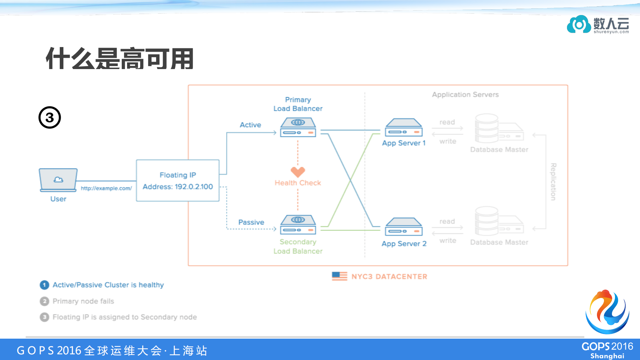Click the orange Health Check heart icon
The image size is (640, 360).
pos(297,172)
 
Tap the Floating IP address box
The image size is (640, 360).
pos(177,181)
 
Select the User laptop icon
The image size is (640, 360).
pos(58,180)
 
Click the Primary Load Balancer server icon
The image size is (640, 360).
pos(298,127)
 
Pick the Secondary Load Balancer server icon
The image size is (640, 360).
pos(298,225)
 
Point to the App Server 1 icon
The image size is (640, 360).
pos(404,128)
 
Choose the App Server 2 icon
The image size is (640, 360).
pos(404,227)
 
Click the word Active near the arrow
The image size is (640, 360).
pos(250,125)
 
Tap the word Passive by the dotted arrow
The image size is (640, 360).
pos(251,222)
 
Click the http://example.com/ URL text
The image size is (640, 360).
pos(106,188)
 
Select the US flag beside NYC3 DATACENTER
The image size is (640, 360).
pos(339,276)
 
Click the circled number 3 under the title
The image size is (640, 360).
pos(50,117)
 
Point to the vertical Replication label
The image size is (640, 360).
pos(553,182)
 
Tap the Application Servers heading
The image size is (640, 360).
pos(465,95)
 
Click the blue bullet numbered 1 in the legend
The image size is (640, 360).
pos(44,285)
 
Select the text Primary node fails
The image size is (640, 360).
pos(83,301)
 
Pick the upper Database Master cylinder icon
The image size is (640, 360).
pos(487,128)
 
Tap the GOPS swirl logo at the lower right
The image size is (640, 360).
pos(607,312)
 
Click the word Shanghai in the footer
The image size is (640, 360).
pos(607,356)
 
